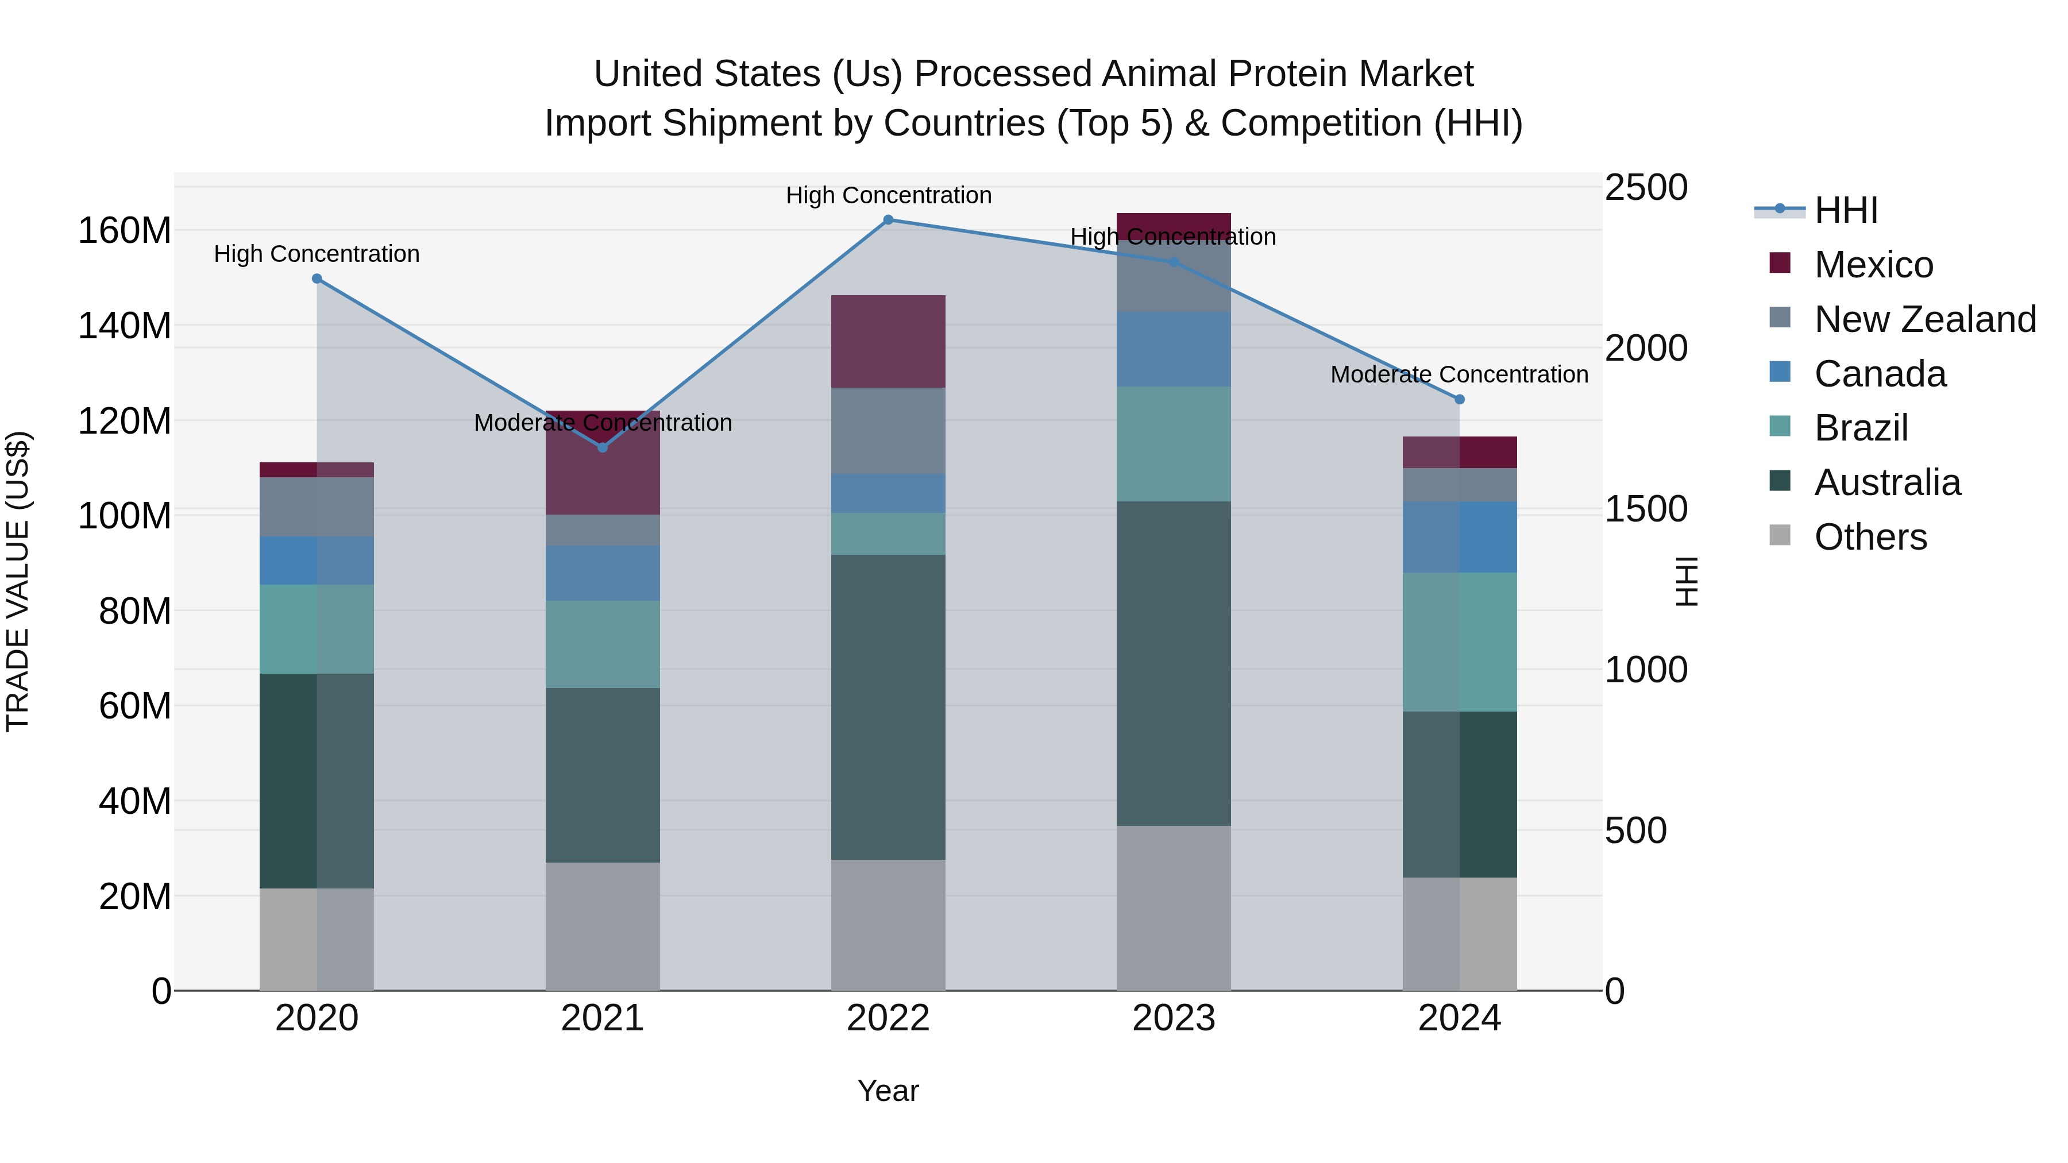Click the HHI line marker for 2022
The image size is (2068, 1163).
point(888,220)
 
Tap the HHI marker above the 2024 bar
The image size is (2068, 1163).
point(1460,399)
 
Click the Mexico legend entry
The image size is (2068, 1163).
point(1873,265)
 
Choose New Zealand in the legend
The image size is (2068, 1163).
point(1924,319)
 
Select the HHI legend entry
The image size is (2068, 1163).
point(1845,210)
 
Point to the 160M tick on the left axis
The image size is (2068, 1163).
point(125,231)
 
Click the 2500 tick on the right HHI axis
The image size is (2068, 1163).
point(1646,188)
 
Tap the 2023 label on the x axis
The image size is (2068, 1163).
point(1174,1018)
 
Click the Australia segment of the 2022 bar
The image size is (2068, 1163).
point(888,706)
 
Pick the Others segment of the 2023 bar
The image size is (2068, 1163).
point(1174,907)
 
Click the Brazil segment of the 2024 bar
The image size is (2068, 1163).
point(1460,642)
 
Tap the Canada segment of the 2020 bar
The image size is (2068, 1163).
point(317,560)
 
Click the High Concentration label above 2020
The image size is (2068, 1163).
point(317,254)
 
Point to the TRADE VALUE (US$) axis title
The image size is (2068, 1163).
point(18,581)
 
